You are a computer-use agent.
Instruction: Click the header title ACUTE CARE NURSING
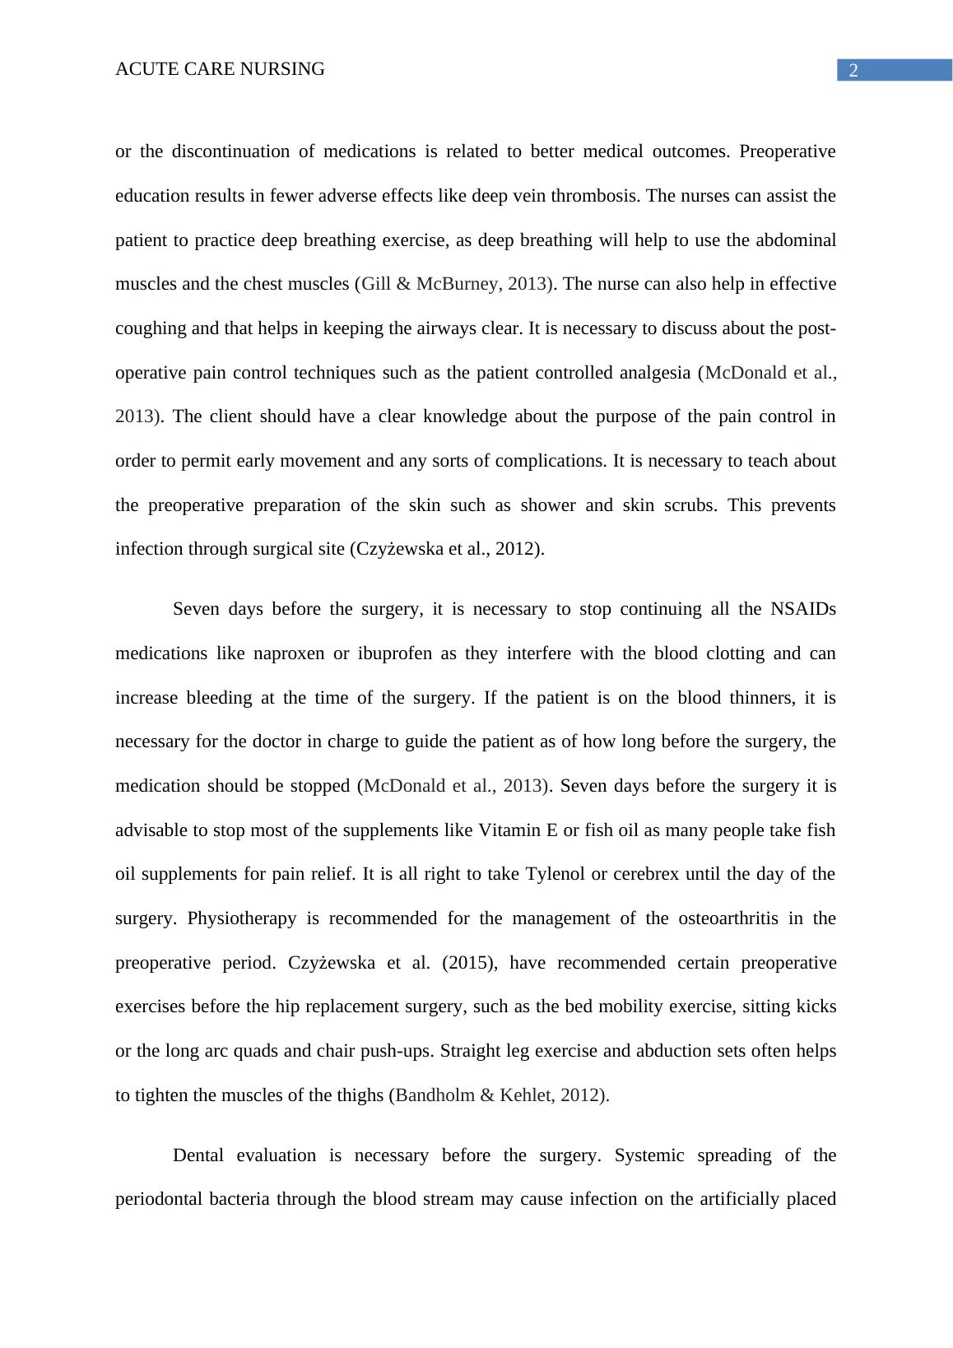(x=220, y=70)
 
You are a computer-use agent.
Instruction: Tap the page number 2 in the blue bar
(x=853, y=71)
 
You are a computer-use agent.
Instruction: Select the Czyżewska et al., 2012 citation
(x=445, y=550)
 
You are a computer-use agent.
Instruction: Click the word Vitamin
(x=509, y=830)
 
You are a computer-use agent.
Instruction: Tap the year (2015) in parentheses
(x=469, y=963)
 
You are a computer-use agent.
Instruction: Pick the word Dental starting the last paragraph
(x=198, y=1155)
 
